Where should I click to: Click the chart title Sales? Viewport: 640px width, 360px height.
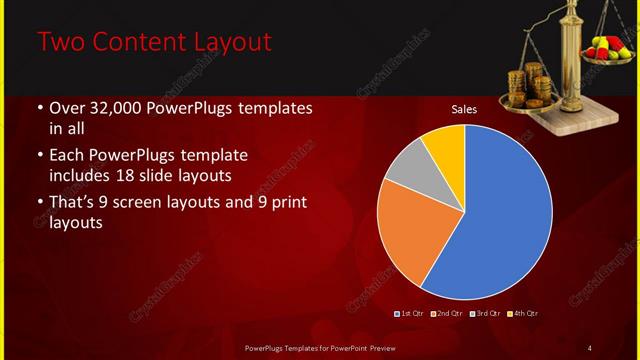[x=464, y=108]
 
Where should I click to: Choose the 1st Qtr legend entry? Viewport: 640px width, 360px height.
[x=411, y=314]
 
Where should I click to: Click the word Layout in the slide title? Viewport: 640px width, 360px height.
[x=222, y=43]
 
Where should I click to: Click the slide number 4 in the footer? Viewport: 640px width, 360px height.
[x=589, y=347]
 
